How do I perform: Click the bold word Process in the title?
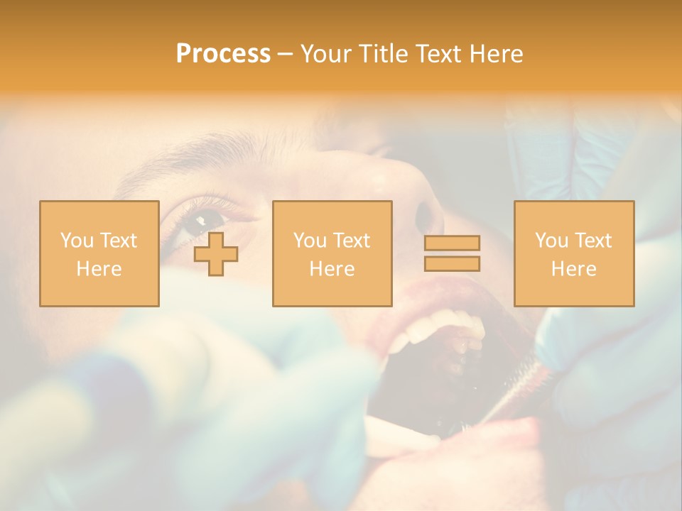[x=223, y=54]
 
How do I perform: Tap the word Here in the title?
[x=495, y=54]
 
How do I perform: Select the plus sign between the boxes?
[x=216, y=253]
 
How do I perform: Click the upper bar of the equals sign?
[x=452, y=243]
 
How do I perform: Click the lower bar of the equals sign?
[x=452, y=264]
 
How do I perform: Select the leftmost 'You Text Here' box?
[x=99, y=253]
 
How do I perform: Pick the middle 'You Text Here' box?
[x=332, y=253]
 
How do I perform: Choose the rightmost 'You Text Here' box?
[x=574, y=253]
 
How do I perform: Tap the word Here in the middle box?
[x=332, y=269]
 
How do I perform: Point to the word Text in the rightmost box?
[x=593, y=241]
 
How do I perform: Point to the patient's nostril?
[x=428, y=213]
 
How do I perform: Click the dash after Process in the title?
[x=284, y=55]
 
